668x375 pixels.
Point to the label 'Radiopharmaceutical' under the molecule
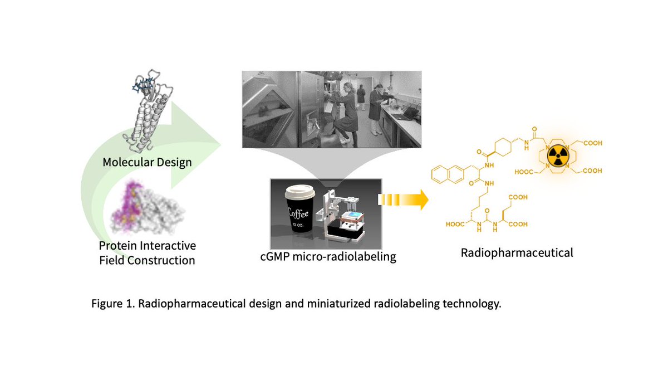click(517, 252)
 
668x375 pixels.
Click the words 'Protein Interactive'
click(147, 246)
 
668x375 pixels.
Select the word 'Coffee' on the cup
click(299, 212)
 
